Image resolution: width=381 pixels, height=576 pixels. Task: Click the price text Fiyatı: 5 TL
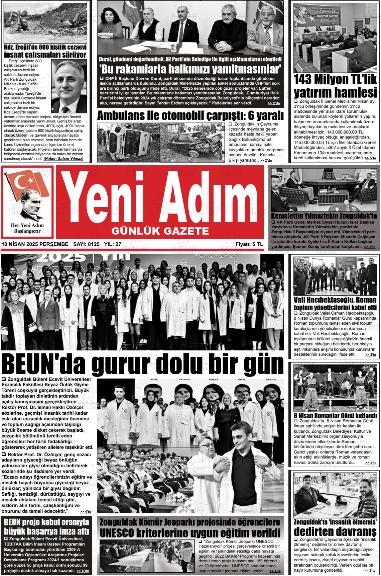(x=249, y=244)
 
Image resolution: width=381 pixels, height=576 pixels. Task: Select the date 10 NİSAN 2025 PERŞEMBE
(x=35, y=244)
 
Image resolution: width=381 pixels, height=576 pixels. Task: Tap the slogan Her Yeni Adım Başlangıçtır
(x=27, y=228)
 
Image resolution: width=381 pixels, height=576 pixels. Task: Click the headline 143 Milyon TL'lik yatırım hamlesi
(x=335, y=86)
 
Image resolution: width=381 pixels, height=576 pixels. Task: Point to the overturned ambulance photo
(x=128, y=142)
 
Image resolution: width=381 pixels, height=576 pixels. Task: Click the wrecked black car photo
(x=193, y=142)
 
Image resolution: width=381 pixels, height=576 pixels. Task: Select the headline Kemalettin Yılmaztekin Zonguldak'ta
(x=324, y=216)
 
